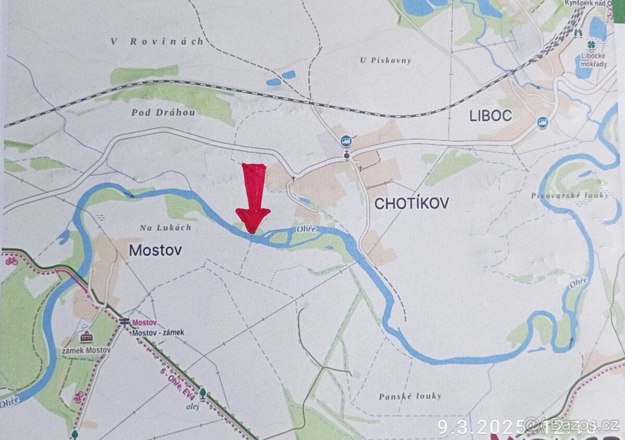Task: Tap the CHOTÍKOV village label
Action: click(x=411, y=203)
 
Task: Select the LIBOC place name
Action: click(x=491, y=115)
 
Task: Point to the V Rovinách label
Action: click(x=157, y=42)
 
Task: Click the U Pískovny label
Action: click(x=385, y=60)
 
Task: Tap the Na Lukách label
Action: click(x=166, y=227)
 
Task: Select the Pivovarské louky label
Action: click(x=570, y=195)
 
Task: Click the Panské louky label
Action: click(x=410, y=396)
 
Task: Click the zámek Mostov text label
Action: click(x=86, y=350)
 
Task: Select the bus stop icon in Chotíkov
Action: click(x=345, y=140)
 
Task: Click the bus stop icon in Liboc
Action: click(x=542, y=122)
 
